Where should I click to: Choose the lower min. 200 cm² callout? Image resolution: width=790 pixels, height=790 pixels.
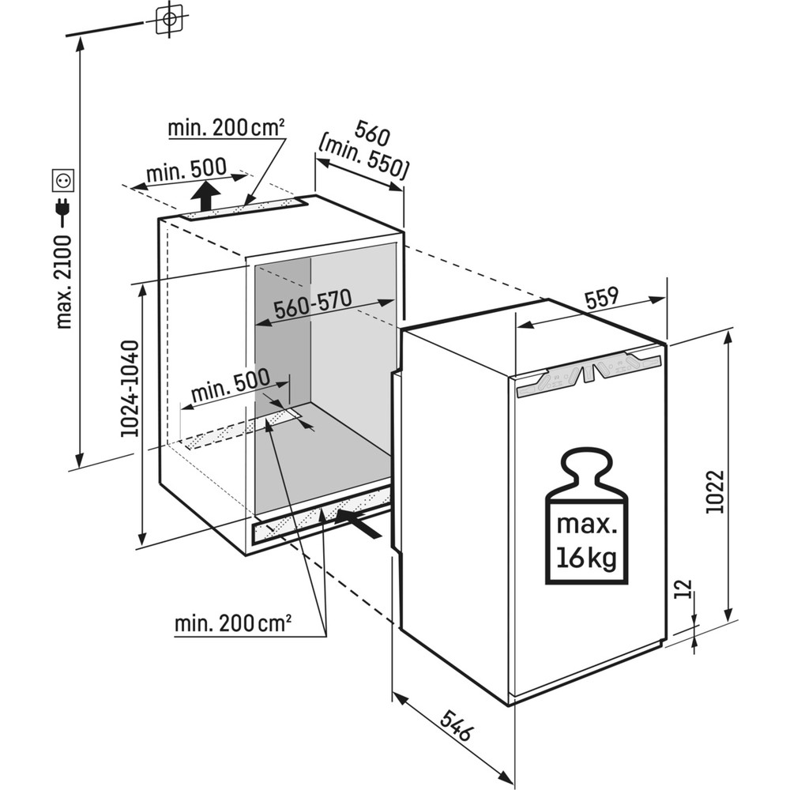pos(233,623)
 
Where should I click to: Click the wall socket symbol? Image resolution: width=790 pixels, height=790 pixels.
pos(63,180)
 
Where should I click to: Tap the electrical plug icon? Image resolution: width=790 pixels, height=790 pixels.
pos(63,209)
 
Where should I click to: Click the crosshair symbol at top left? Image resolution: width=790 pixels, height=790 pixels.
pos(169,18)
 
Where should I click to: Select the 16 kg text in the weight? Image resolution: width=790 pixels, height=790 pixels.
pos(586,558)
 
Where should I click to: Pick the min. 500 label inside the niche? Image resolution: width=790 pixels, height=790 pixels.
pos(229,386)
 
